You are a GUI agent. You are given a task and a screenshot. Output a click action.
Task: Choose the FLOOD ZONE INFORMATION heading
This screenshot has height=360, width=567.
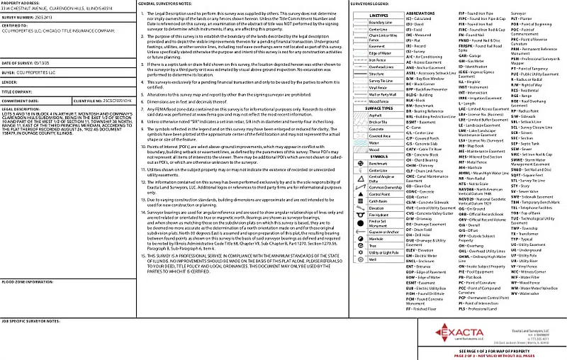click(x=28, y=281)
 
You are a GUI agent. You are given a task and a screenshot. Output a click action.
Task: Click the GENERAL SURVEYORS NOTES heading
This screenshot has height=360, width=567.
click(x=170, y=4)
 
